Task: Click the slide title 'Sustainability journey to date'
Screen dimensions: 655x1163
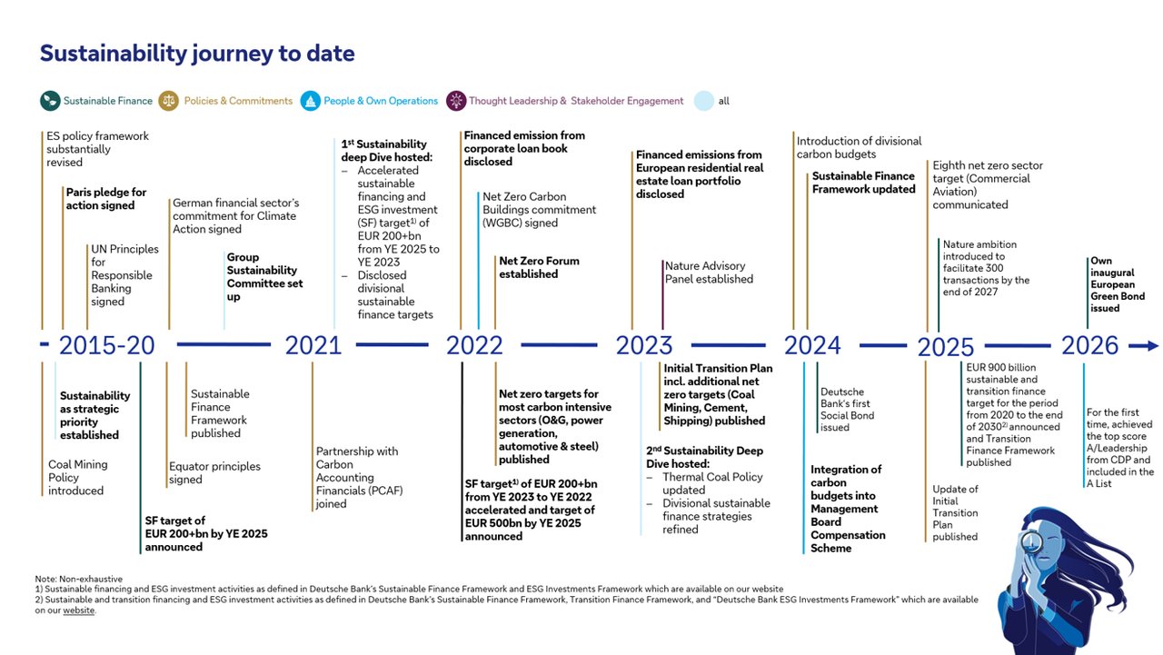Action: [197, 54]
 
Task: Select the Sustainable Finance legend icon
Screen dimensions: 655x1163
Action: [50, 101]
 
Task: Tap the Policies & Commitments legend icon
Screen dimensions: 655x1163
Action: [169, 101]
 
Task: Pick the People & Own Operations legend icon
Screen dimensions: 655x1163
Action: [310, 101]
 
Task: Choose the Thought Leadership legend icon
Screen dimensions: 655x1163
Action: [455, 101]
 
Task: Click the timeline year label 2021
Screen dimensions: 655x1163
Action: [313, 345]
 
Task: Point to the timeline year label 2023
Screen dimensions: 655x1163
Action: [644, 345]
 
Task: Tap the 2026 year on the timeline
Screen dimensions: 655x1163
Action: [1089, 345]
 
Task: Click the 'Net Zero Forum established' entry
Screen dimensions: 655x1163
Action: [539, 267]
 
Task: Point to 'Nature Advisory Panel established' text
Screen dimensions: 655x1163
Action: [709, 273]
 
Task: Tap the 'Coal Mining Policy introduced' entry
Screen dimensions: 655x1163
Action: [78, 477]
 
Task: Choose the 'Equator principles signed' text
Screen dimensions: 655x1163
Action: [214, 472]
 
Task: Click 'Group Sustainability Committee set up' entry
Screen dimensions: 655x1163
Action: [264, 277]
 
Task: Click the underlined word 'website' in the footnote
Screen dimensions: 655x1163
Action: [78, 610]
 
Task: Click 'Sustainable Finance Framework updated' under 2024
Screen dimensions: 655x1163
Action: [863, 183]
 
